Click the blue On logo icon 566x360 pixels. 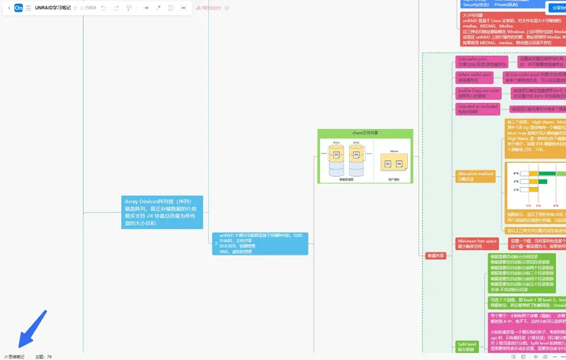pos(18,7)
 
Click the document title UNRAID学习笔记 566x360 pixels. pos(53,7)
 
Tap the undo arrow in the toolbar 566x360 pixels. pos(104,7)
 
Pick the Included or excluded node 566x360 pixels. pos(476,108)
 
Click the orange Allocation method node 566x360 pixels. pos(476,176)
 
